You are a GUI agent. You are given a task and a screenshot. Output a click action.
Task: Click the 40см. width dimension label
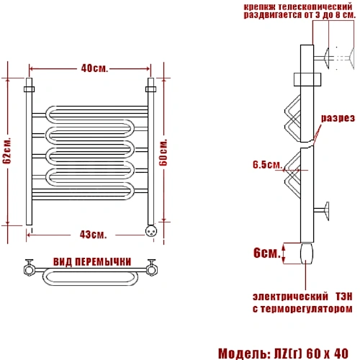(x=94, y=68)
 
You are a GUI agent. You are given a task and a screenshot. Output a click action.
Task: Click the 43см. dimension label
(x=93, y=235)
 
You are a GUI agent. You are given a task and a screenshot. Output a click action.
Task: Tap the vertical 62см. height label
(x=6, y=150)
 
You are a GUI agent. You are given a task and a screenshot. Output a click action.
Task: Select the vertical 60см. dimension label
(x=163, y=152)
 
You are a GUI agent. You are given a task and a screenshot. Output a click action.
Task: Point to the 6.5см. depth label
(x=267, y=165)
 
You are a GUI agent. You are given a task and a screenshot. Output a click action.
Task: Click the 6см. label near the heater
(x=267, y=253)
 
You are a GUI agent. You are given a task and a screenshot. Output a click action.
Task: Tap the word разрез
(x=338, y=118)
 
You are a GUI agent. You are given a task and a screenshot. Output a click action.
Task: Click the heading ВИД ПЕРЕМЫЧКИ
(x=92, y=262)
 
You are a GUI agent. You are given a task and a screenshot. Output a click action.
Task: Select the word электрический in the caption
(x=290, y=297)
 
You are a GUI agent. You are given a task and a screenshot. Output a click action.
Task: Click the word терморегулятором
(x=307, y=309)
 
